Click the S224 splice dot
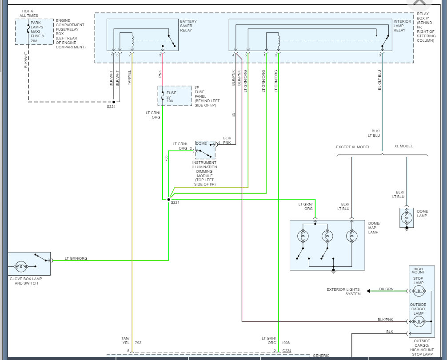(x=113, y=102)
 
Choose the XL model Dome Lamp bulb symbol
(x=407, y=218)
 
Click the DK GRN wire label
(x=386, y=289)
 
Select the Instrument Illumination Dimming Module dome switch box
(x=205, y=150)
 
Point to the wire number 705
(x=166, y=158)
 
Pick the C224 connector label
(x=287, y=351)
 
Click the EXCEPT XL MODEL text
(x=352, y=146)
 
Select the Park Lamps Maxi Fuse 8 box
(x=34, y=32)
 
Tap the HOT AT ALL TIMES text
(x=29, y=13)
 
